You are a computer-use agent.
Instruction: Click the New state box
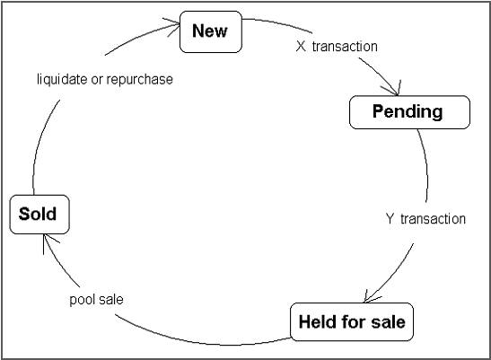click(210, 31)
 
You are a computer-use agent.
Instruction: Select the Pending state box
click(408, 111)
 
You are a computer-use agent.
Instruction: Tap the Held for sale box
click(351, 321)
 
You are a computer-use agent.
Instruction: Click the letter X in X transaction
click(302, 46)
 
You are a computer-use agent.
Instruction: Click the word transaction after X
click(346, 46)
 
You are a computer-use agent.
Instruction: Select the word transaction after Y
click(433, 218)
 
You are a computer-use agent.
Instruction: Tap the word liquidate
click(65, 79)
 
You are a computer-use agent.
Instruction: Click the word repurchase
click(141, 79)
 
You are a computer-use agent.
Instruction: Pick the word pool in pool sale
click(83, 299)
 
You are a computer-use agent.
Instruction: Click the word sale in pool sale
click(111, 299)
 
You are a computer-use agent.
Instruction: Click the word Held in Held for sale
click(317, 321)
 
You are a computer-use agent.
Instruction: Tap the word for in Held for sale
click(350, 321)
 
